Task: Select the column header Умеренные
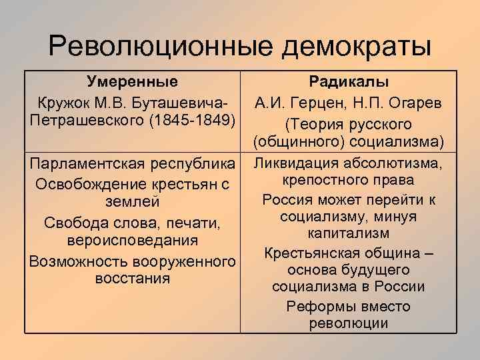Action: pos(133,83)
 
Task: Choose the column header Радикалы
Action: pos(349,83)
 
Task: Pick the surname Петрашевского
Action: pos(89,122)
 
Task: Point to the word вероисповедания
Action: pos(133,239)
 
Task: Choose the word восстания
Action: pos(133,276)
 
